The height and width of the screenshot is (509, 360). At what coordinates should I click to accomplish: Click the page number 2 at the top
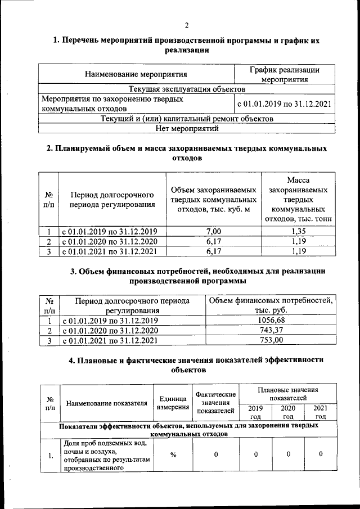186,25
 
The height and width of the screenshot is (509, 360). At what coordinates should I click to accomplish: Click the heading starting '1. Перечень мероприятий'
186,46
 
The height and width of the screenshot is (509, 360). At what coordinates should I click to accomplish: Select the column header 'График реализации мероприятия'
284,74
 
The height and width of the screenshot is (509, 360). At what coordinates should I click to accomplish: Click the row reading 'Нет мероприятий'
186,128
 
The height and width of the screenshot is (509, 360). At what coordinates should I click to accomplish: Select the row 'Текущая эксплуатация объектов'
186,89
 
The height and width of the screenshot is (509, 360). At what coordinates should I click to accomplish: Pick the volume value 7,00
214,231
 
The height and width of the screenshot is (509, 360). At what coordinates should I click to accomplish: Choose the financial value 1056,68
270,320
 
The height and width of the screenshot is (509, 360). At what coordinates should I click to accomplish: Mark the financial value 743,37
270,330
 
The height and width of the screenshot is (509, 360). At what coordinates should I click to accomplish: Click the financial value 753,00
270,340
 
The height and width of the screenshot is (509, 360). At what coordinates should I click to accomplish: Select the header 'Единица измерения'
173,402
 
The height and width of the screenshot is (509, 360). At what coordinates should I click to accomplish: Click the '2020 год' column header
288,412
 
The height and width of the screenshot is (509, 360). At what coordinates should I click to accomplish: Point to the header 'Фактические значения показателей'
216,402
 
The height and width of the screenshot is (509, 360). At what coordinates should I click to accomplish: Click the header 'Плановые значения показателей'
288,393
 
